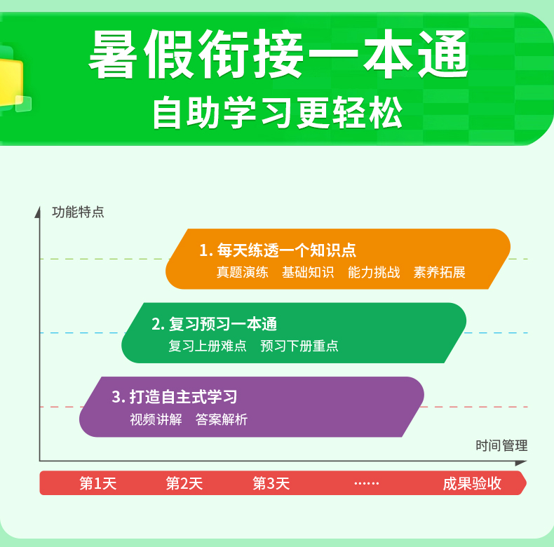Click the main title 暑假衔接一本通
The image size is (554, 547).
278,54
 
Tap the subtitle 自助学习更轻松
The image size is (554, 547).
278,112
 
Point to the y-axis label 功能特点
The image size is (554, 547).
78,212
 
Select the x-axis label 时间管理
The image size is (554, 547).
501,445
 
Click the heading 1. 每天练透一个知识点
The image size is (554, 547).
278,250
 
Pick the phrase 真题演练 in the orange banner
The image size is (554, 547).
243,272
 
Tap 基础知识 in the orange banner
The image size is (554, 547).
308,272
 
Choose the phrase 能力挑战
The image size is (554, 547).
374,272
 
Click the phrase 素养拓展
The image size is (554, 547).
440,272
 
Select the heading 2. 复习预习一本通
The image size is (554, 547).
214,324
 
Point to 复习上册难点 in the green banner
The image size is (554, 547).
208,346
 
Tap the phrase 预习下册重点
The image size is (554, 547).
299,346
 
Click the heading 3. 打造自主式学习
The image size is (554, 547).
175,397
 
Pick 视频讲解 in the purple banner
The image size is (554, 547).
156,419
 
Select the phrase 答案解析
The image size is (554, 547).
222,419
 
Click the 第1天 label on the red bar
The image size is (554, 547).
98,483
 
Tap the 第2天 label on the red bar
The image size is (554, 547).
184,483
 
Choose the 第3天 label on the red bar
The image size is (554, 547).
271,483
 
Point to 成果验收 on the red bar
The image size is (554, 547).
472,483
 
